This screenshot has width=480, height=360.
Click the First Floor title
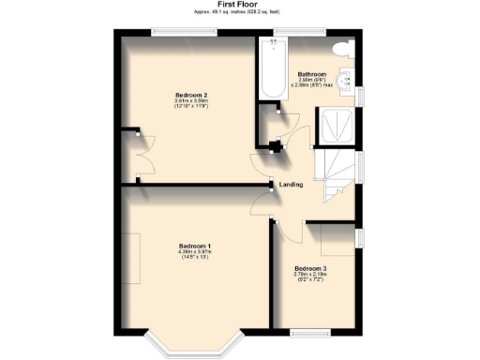click(238, 5)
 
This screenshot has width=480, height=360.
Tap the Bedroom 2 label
click(190, 96)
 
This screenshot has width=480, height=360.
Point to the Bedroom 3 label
click(310, 269)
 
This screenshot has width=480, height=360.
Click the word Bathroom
click(311, 74)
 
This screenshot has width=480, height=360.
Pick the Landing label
click(292, 185)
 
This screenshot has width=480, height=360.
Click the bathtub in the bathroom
click(273, 71)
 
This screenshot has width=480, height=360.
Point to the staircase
click(336, 177)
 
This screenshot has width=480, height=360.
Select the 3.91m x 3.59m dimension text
click(190, 101)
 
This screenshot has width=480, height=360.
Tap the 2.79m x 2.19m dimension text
click(310, 275)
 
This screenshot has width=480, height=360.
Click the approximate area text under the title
click(238, 12)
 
